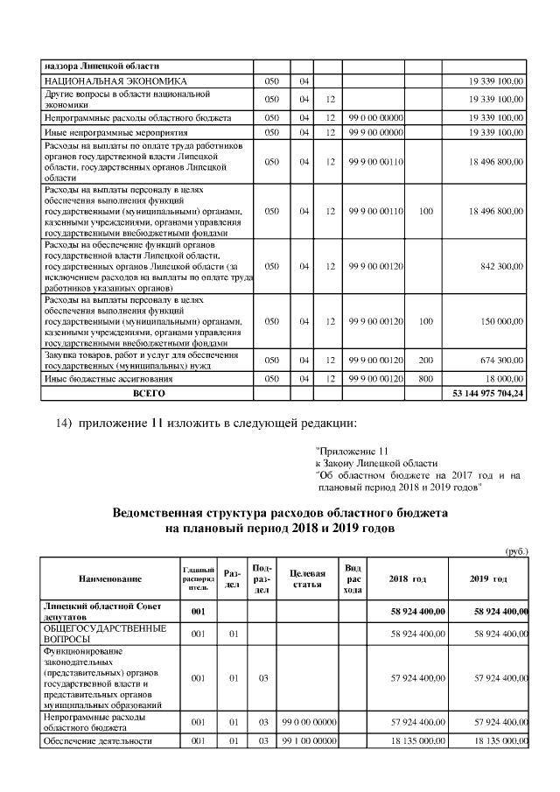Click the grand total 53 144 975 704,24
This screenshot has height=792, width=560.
click(487, 394)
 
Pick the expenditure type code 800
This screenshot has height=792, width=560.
click(426, 380)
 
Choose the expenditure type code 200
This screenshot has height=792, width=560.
click(426, 361)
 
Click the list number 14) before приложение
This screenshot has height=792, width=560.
click(62, 424)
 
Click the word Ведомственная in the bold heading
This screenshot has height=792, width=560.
click(165, 513)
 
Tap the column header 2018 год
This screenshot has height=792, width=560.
click(408, 579)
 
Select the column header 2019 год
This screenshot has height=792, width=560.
click(488, 579)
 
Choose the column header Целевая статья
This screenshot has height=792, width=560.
click(307, 578)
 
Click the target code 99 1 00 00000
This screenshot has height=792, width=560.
click(307, 742)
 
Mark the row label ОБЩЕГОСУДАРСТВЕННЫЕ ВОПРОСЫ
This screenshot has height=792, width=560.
click(104, 634)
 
